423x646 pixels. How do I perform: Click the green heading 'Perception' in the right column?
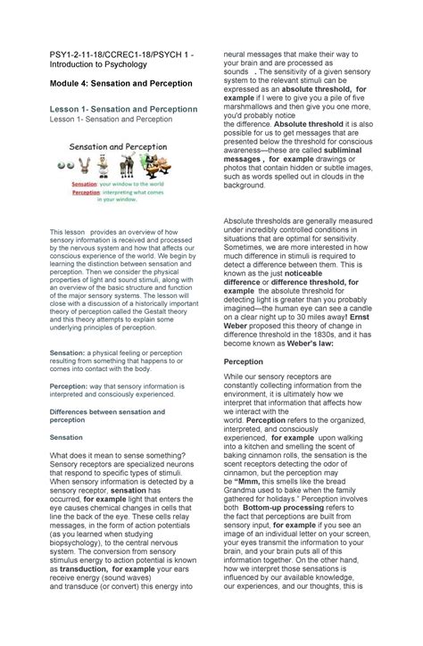coord(243,362)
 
